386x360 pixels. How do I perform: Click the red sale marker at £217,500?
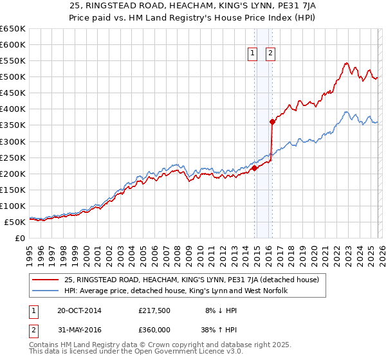(254, 168)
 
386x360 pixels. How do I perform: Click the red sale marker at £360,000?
(272, 122)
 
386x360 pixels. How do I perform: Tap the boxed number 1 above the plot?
(252, 53)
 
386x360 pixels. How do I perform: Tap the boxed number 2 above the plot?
(270, 53)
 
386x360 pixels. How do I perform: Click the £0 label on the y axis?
(20, 238)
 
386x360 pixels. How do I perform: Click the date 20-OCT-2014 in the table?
(78, 310)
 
